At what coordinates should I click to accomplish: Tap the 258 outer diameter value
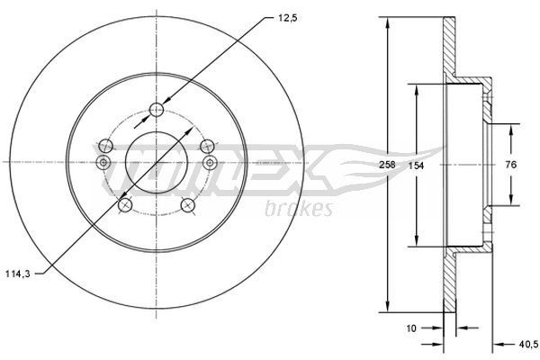coord(389,166)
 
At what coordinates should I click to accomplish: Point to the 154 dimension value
coord(417,166)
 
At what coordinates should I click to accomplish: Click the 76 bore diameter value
coord(511,165)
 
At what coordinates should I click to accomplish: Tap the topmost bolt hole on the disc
coord(157,109)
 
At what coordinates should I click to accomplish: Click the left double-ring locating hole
coord(103,162)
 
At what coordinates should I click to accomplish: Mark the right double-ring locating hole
coord(210,162)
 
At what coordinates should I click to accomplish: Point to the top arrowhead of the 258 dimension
coord(389,22)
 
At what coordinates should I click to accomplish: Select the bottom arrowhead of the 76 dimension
coord(511,203)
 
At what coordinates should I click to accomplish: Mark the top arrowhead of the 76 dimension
coord(511,127)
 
